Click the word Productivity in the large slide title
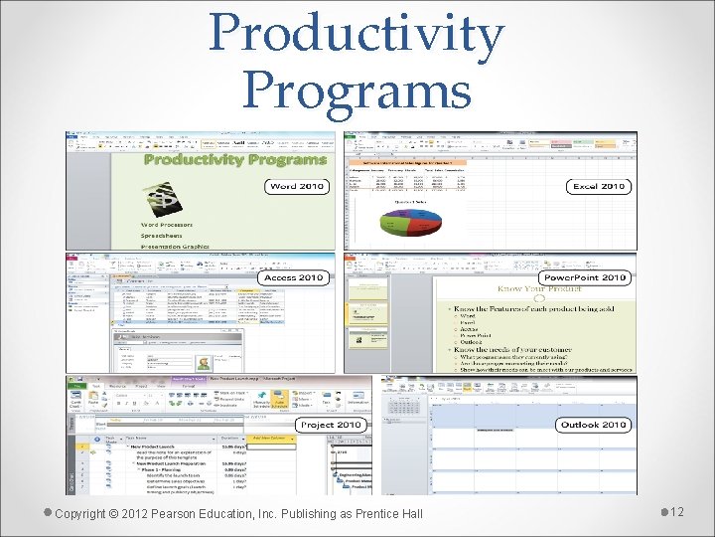click(x=357, y=33)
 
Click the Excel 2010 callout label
click(x=599, y=186)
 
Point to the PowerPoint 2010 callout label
click(x=584, y=277)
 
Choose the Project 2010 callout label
click(x=331, y=425)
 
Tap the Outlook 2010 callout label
click(x=593, y=425)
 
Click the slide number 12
click(x=677, y=511)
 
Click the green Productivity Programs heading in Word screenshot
click(x=234, y=159)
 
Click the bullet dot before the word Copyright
click(x=47, y=512)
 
